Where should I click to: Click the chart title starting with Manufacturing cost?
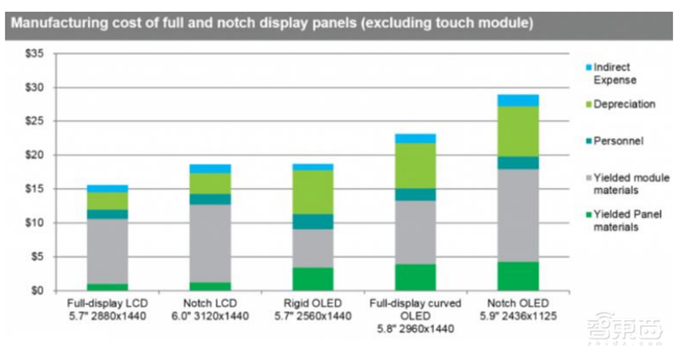coord(271,23)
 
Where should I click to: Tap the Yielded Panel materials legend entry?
coord(628,221)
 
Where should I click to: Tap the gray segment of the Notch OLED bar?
coord(518,215)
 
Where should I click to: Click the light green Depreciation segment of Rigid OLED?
coord(313,191)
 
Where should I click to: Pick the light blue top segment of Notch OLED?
coord(518,100)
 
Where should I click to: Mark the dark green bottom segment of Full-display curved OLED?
coord(415,277)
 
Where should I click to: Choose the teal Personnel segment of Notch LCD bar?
coord(210,199)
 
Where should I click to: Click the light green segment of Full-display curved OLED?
coord(415,165)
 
